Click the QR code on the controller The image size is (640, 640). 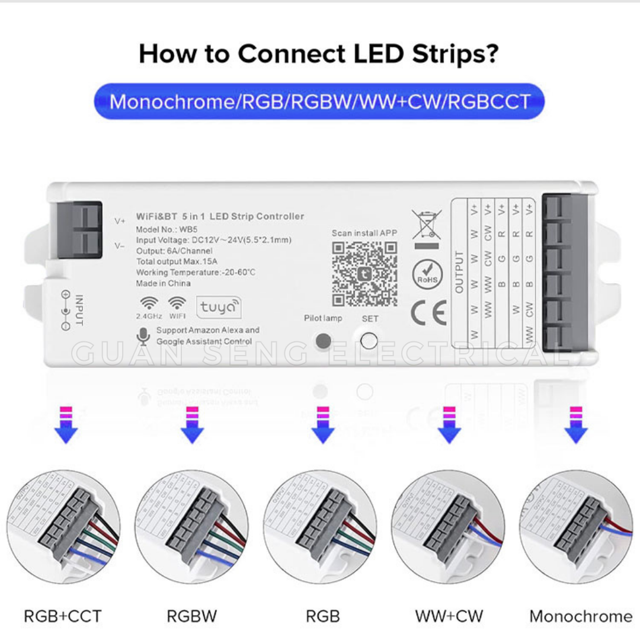[x=364, y=273]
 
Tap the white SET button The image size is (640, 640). [x=369, y=341]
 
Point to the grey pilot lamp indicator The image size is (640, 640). [x=323, y=341]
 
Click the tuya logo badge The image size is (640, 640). [x=219, y=307]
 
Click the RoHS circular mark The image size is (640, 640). [x=428, y=274]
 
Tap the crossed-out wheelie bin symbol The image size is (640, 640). [x=426, y=227]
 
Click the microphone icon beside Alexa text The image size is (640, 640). [x=143, y=336]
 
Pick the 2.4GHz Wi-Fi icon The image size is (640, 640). [x=149, y=304]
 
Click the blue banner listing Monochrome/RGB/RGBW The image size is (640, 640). [x=319, y=101]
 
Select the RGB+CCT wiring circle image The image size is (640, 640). [x=62, y=527]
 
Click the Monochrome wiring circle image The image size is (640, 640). [x=576, y=527]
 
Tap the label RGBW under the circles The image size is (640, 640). [x=191, y=616]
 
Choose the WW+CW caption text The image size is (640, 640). [x=449, y=616]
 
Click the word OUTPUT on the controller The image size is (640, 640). [x=460, y=272]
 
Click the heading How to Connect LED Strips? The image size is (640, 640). [x=319, y=54]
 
